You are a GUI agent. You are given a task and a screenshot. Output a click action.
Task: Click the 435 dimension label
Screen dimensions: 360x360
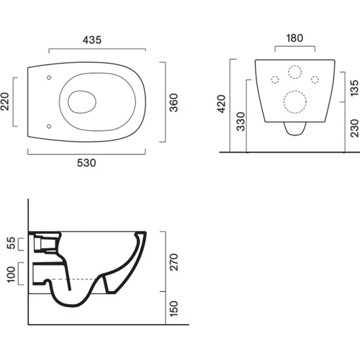click(92, 40)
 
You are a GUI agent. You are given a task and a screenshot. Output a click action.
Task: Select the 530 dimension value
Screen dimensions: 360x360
click(86, 163)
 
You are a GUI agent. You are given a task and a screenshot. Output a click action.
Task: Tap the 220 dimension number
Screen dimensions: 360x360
click(5, 102)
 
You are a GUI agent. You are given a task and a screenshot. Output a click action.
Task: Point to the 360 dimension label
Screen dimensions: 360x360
click(174, 103)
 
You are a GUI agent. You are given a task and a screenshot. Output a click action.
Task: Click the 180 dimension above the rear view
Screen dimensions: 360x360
click(295, 38)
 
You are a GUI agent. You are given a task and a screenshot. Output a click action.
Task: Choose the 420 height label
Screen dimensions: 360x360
click(221, 104)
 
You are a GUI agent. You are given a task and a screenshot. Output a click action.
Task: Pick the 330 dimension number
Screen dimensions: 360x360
click(241, 121)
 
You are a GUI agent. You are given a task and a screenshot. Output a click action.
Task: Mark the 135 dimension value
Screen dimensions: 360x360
click(354, 88)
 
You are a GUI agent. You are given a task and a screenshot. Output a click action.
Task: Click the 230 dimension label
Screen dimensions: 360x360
click(354, 128)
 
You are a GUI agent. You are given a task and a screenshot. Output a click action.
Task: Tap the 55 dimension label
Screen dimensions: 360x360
click(11, 243)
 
